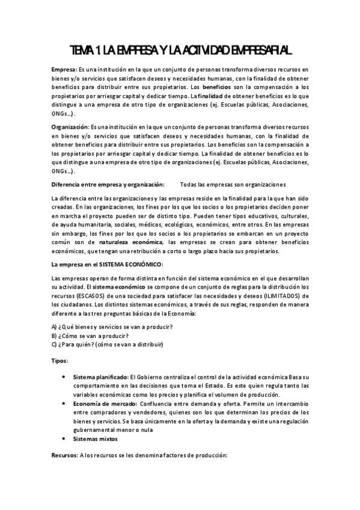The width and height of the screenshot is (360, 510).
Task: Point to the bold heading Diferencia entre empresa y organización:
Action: pos(108,183)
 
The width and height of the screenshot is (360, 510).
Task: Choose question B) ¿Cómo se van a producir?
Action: pos(91,335)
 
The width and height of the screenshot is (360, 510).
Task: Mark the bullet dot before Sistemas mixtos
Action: pos(64,439)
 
